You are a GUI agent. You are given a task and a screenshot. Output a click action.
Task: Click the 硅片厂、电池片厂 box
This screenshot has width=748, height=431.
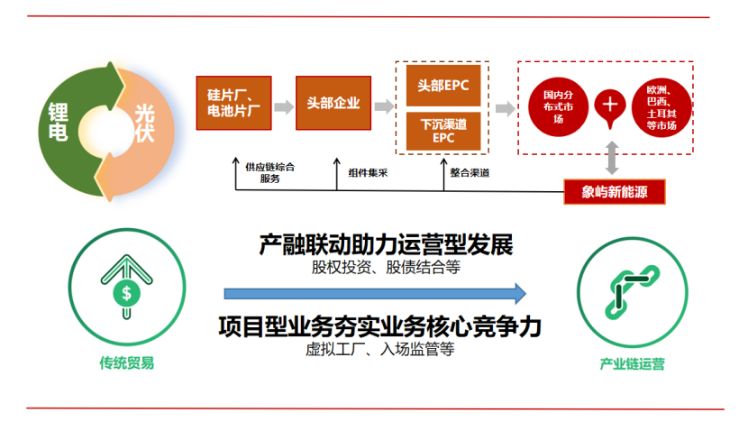[233, 102]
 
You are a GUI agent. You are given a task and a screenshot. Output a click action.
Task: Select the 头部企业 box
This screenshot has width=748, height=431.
[333, 103]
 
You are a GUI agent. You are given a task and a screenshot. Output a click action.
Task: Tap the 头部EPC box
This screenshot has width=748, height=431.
[442, 85]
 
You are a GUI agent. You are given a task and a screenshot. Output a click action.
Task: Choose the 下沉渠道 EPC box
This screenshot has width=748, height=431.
[442, 132]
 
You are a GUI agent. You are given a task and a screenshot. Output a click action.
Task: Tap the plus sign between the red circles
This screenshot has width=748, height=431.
[610, 105]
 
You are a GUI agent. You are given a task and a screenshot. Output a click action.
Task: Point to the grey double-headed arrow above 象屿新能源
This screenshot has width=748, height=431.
[613, 158]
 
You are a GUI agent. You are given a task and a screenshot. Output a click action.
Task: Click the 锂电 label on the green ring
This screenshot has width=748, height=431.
[57, 124]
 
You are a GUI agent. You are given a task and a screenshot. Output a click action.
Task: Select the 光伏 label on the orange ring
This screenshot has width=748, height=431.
[144, 124]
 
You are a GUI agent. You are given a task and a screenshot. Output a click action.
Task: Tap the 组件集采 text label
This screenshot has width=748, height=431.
[368, 172]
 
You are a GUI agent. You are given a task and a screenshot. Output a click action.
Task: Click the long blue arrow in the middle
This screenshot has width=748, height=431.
[374, 292]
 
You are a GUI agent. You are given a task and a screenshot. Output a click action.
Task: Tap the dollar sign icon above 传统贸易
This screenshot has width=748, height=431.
[127, 292]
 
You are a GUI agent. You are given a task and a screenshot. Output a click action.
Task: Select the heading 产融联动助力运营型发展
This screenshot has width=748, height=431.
[385, 245]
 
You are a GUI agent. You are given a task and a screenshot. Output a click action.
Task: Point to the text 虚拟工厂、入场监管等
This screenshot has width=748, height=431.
[379, 349]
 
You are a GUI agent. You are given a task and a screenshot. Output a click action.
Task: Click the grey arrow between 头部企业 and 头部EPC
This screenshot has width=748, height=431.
[385, 105]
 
